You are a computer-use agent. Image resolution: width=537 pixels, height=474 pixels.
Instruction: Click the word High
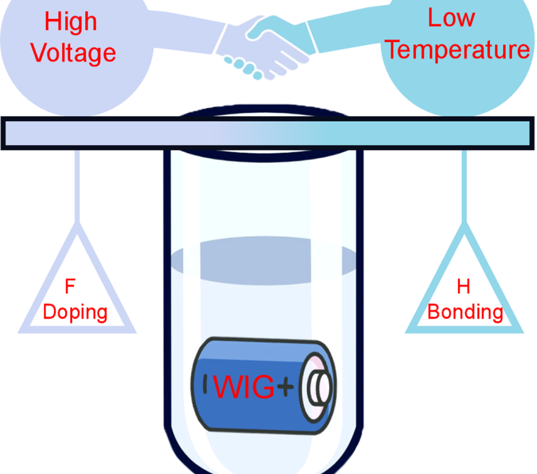point(71,22)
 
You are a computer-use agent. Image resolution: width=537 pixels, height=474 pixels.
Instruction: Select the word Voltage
point(73,52)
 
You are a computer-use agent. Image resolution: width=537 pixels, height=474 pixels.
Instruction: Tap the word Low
point(451,18)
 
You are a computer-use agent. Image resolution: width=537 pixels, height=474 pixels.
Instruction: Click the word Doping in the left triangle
point(75,312)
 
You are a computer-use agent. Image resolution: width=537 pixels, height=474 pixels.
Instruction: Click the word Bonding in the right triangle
point(465,312)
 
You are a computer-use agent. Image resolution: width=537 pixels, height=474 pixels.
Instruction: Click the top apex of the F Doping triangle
point(77,228)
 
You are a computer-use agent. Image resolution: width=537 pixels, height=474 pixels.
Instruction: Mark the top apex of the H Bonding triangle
point(464,228)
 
